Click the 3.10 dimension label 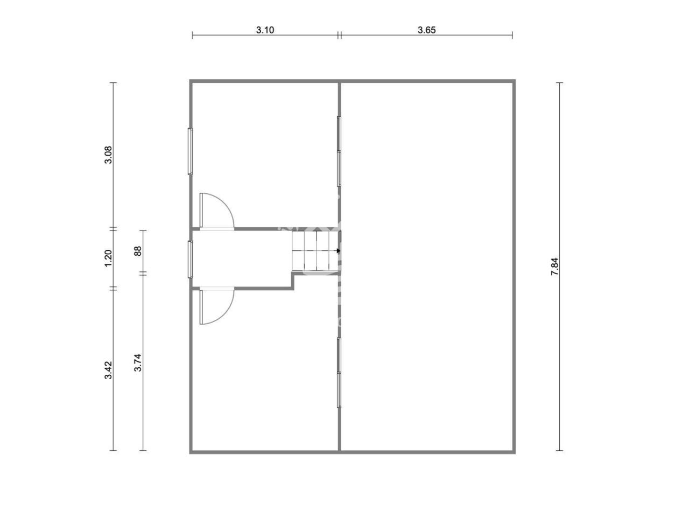(265, 30)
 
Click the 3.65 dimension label (426, 30)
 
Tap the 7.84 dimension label (554, 267)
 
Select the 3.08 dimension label (108, 155)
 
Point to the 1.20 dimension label (108, 258)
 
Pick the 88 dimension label (137, 251)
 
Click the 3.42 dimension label (108, 370)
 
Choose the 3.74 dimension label (137, 362)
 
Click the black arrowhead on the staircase (338, 250)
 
